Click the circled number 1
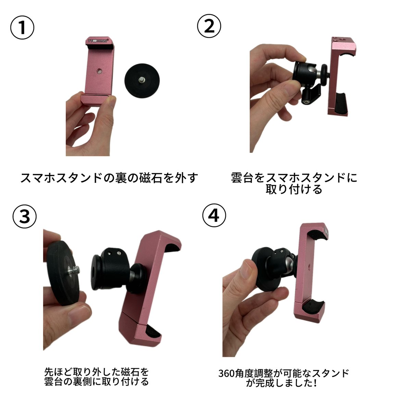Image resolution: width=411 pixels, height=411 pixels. (x=22, y=28)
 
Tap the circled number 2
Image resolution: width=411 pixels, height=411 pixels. (x=209, y=26)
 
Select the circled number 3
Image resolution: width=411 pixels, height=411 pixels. (x=25, y=216)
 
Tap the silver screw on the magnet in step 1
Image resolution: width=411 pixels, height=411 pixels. (x=141, y=80)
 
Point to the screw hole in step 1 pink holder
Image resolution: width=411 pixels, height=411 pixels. (x=99, y=71)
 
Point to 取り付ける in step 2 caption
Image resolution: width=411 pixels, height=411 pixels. (x=294, y=189)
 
